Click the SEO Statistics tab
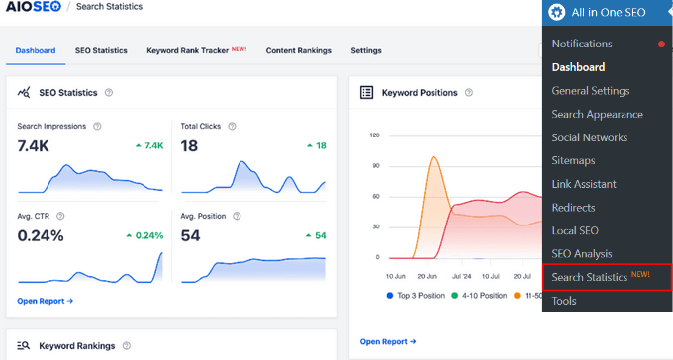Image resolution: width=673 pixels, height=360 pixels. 101,50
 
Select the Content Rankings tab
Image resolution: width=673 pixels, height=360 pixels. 298,50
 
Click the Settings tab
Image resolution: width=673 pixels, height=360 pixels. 365,50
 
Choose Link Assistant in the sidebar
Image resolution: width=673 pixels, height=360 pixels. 584,184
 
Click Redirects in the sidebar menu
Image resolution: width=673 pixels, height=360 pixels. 573,208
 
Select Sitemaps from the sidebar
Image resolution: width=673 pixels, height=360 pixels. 574,161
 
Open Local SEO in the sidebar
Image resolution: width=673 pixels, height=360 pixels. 575,231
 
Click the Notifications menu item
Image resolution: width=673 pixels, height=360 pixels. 596,44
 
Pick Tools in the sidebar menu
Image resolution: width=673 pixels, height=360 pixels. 564,301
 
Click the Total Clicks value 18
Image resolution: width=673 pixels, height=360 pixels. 190,145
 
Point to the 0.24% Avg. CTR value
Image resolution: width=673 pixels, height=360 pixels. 41,235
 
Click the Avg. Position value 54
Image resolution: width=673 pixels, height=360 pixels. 191,235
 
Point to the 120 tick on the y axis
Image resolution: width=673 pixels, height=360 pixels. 373,135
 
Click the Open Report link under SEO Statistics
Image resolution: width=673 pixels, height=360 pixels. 45,300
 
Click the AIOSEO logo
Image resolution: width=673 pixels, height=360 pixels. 35,7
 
